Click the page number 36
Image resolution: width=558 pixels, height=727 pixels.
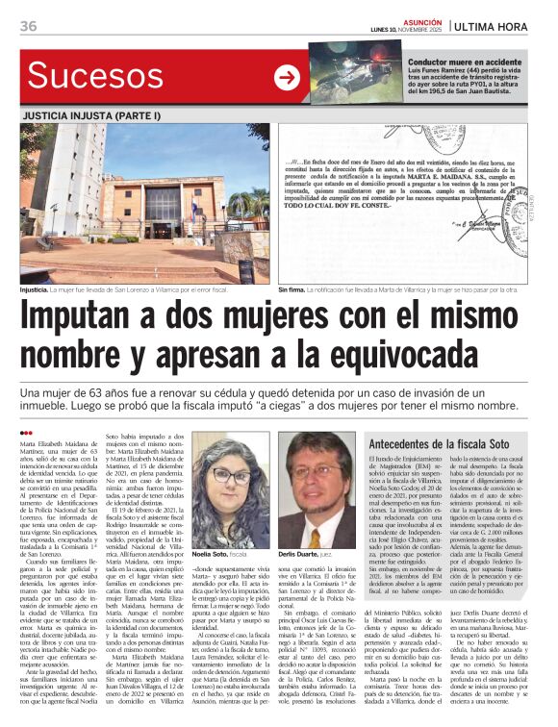pyautogui.click(x=28, y=26)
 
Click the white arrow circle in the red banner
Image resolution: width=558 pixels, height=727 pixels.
pyautogui.click(x=287, y=78)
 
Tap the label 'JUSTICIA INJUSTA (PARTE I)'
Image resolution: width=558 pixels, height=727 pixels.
pyautogui.click(x=84, y=115)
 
